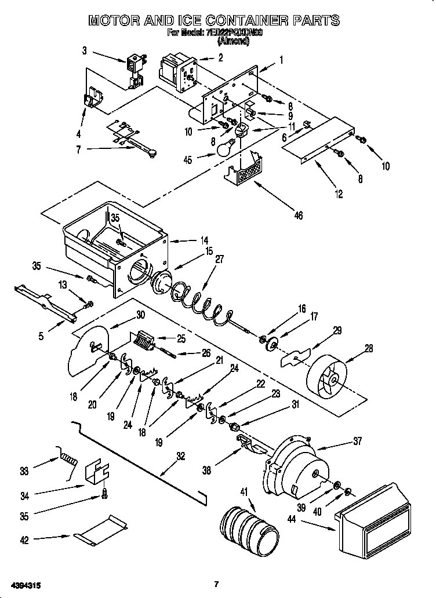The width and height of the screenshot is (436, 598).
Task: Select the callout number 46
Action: point(298,215)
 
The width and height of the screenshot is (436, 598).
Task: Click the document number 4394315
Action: point(24,584)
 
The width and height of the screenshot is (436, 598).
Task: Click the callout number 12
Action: point(340,195)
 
